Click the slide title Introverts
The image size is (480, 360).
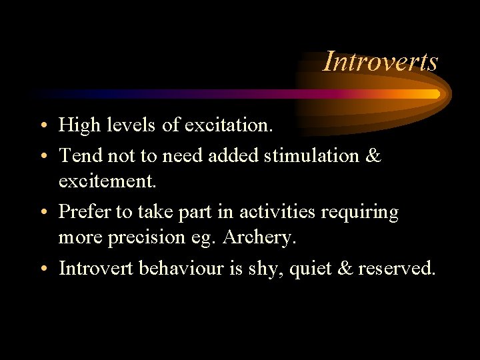click(x=381, y=61)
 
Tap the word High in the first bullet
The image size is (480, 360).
click(x=77, y=125)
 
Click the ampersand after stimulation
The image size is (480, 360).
click(x=373, y=156)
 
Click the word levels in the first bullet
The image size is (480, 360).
click(x=121, y=125)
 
